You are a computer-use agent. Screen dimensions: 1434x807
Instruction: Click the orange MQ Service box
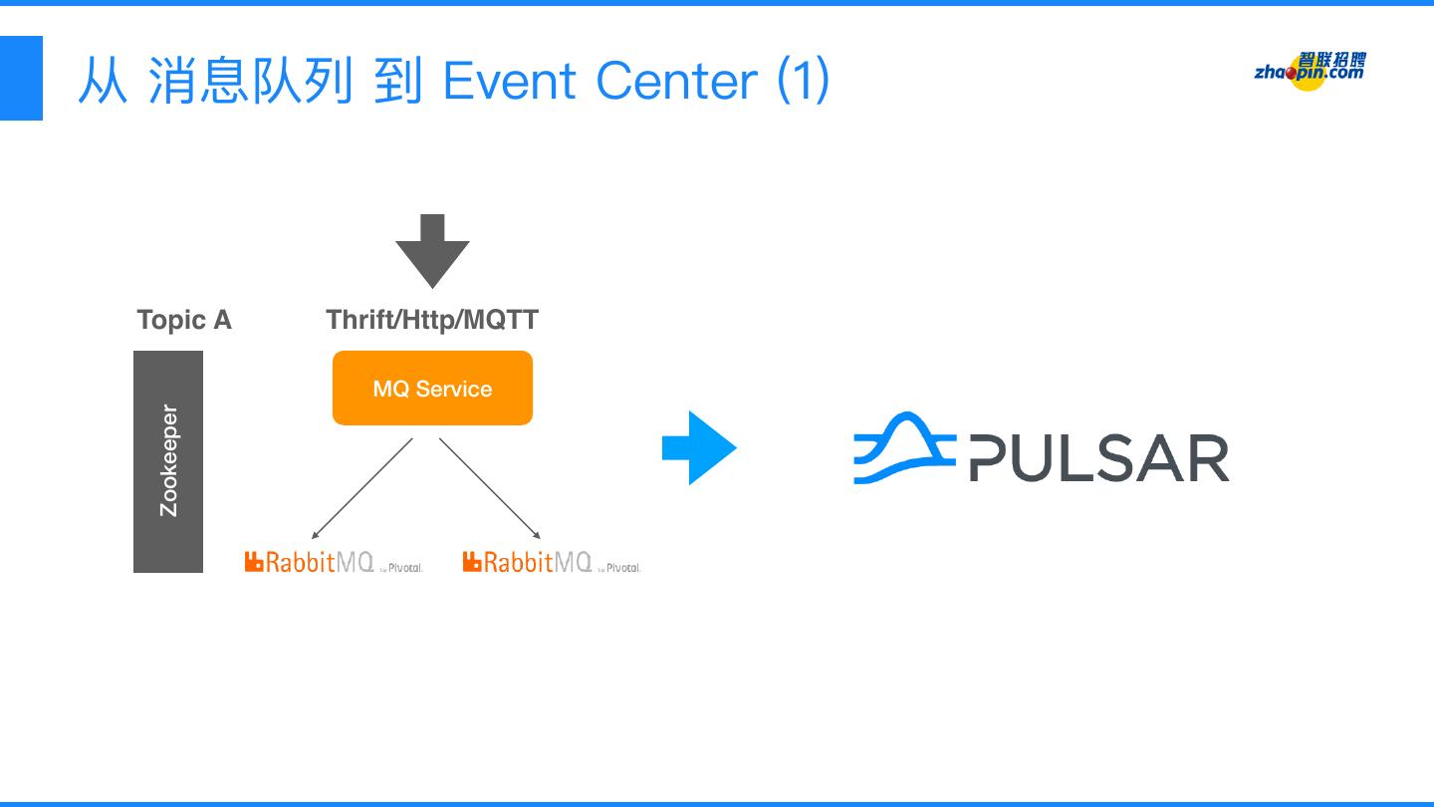[x=432, y=389]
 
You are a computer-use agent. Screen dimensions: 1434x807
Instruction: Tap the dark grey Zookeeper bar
[x=168, y=461]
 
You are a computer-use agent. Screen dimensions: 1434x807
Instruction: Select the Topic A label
[x=184, y=320]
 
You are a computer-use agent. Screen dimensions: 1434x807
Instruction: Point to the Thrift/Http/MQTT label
[x=432, y=320]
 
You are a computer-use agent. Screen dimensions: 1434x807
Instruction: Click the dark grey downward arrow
[x=432, y=250]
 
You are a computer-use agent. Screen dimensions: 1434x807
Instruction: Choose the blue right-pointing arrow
[x=698, y=448]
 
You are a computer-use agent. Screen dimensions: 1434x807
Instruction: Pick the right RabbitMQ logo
[x=527, y=562]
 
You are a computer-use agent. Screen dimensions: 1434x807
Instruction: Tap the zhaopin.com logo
[x=1310, y=70]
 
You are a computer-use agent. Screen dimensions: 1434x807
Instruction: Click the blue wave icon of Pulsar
[x=904, y=450]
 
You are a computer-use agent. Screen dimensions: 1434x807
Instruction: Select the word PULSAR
[x=1099, y=459]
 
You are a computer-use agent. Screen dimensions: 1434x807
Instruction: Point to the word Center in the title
[x=677, y=81]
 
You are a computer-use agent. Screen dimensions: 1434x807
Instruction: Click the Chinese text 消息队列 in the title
[x=250, y=81]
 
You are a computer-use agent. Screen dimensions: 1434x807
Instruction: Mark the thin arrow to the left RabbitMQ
[x=362, y=488]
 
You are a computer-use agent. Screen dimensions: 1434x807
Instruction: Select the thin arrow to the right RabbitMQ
[x=489, y=488]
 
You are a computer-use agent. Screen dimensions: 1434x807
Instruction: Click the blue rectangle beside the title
[x=21, y=78]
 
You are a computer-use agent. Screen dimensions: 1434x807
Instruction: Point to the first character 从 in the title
[x=103, y=81]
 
